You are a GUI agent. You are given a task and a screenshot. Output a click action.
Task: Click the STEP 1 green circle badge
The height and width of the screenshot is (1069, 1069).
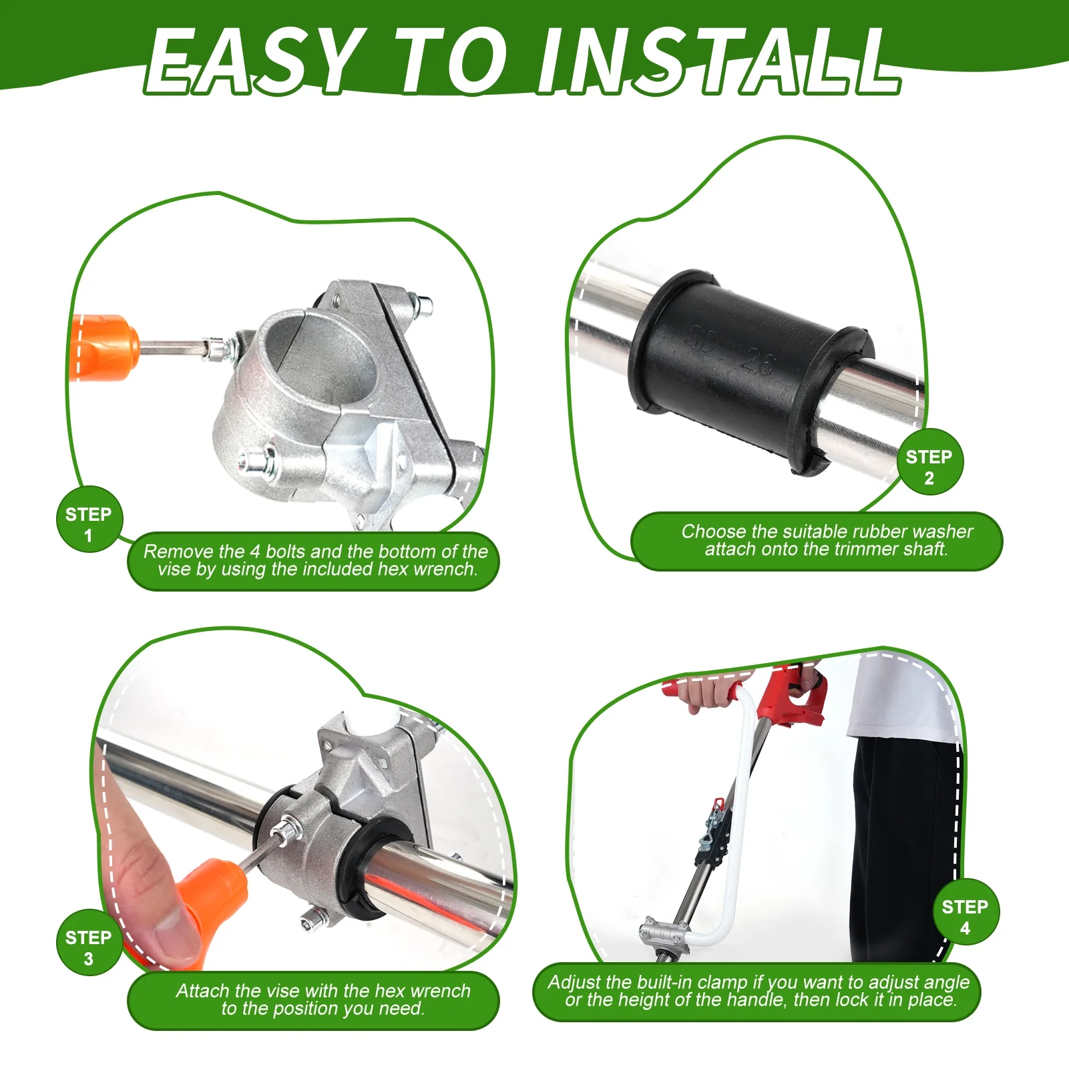[x=88, y=524]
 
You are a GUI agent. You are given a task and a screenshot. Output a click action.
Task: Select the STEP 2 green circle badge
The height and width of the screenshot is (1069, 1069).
[x=929, y=467]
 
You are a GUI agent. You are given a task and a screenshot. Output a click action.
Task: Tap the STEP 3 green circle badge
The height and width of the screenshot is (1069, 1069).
[x=88, y=947]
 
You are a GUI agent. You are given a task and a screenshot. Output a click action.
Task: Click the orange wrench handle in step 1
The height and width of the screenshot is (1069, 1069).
[x=103, y=347]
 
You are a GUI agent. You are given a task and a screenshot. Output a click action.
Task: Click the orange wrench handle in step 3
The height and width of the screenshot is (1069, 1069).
[x=214, y=898]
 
